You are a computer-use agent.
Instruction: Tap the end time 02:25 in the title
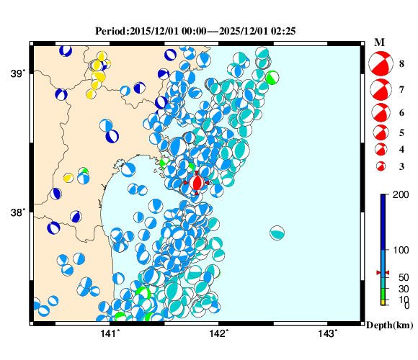(x=286, y=31)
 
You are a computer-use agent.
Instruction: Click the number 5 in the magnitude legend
(x=401, y=132)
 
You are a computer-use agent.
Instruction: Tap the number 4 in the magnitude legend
(x=401, y=150)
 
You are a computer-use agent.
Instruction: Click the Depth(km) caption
(x=389, y=325)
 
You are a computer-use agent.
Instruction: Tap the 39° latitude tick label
(x=17, y=73)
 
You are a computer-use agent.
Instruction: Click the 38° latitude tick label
(x=17, y=212)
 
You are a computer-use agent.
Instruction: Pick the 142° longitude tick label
(x=219, y=333)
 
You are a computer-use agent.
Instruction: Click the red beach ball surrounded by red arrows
(x=197, y=182)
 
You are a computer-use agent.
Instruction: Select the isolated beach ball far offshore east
(x=277, y=233)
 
